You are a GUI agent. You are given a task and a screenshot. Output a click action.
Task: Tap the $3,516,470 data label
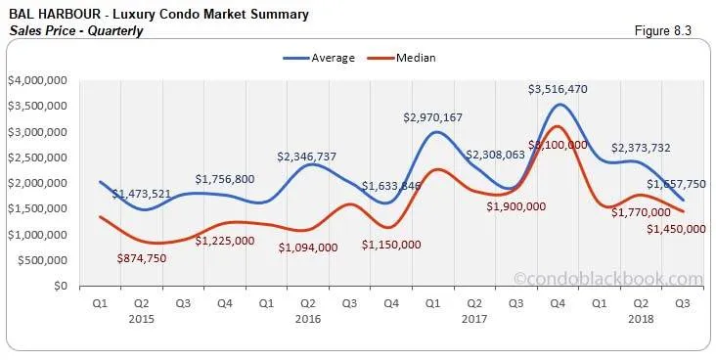click(559, 89)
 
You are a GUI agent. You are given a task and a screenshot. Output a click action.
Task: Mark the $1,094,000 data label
click(308, 247)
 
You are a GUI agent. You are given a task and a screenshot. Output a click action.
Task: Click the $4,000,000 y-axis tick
click(37, 80)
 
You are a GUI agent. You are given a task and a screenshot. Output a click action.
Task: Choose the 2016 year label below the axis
click(308, 319)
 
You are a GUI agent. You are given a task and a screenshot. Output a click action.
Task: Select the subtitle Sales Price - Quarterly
click(75, 30)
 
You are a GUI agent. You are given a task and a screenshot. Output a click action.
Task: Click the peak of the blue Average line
click(559, 104)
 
